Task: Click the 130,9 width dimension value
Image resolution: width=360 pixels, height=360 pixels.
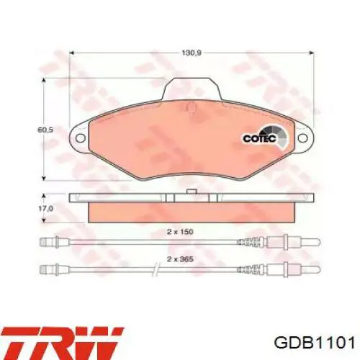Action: (x=191, y=53)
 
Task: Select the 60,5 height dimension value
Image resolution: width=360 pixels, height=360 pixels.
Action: (x=45, y=130)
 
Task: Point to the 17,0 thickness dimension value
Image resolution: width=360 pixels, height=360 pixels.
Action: (x=45, y=209)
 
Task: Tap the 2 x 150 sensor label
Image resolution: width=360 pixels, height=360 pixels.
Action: (x=180, y=232)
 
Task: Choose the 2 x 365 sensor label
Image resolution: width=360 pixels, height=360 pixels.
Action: (x=180, y=259)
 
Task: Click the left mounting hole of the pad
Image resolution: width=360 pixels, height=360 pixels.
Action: (x=81, y=138)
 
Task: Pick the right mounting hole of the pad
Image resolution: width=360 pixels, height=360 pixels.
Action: (x=302, y=138)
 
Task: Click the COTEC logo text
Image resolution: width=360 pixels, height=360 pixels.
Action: (x=260, y=138)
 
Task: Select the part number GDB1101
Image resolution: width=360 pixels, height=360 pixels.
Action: (x=315, y=343)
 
